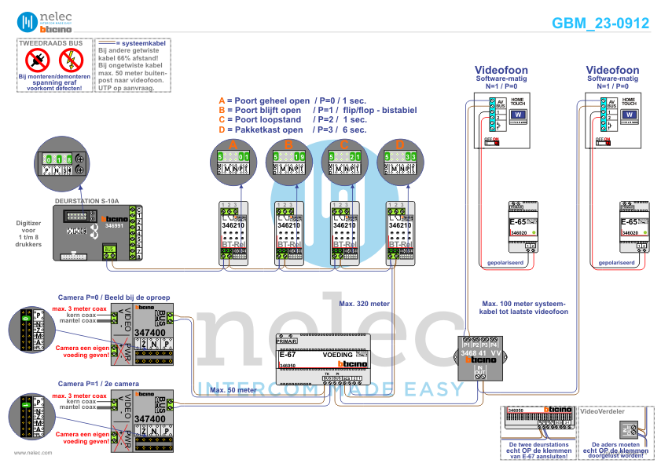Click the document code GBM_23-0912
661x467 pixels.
(x=600, y=24)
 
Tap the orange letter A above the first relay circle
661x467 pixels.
(x=233, y=145)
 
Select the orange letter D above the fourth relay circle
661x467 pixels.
(x=400, y=145)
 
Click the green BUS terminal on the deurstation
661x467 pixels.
(x=109, y=250)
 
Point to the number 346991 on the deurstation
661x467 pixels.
(x=115, y=225)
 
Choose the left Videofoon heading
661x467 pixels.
(x=502, y=71)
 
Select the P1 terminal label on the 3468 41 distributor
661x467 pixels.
(x=467, y=345)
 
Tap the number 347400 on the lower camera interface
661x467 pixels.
(x=150, y=419)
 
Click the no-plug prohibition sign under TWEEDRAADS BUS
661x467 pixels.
(x=38, y=59)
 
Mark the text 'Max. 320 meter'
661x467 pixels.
(x=365, y=302)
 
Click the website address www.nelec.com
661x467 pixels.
(x=32, y=453)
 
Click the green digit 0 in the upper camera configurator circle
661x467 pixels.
(x=26, y=318)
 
